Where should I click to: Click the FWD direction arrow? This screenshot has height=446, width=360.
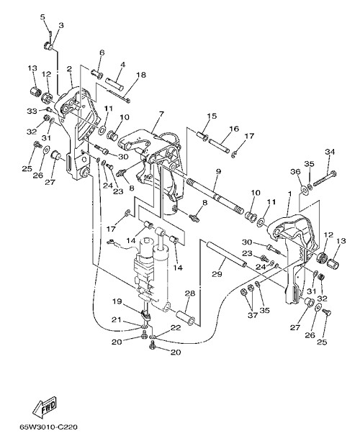45,405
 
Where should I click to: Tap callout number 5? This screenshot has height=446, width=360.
42,17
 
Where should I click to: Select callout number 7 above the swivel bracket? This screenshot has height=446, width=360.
161,114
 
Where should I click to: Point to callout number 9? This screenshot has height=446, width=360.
218,171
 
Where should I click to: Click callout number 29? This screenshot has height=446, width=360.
217,274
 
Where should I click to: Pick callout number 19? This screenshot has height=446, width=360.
117,301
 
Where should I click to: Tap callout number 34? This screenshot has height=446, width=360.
330,152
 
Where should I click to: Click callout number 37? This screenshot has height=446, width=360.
253,315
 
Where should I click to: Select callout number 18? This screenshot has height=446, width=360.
141,75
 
